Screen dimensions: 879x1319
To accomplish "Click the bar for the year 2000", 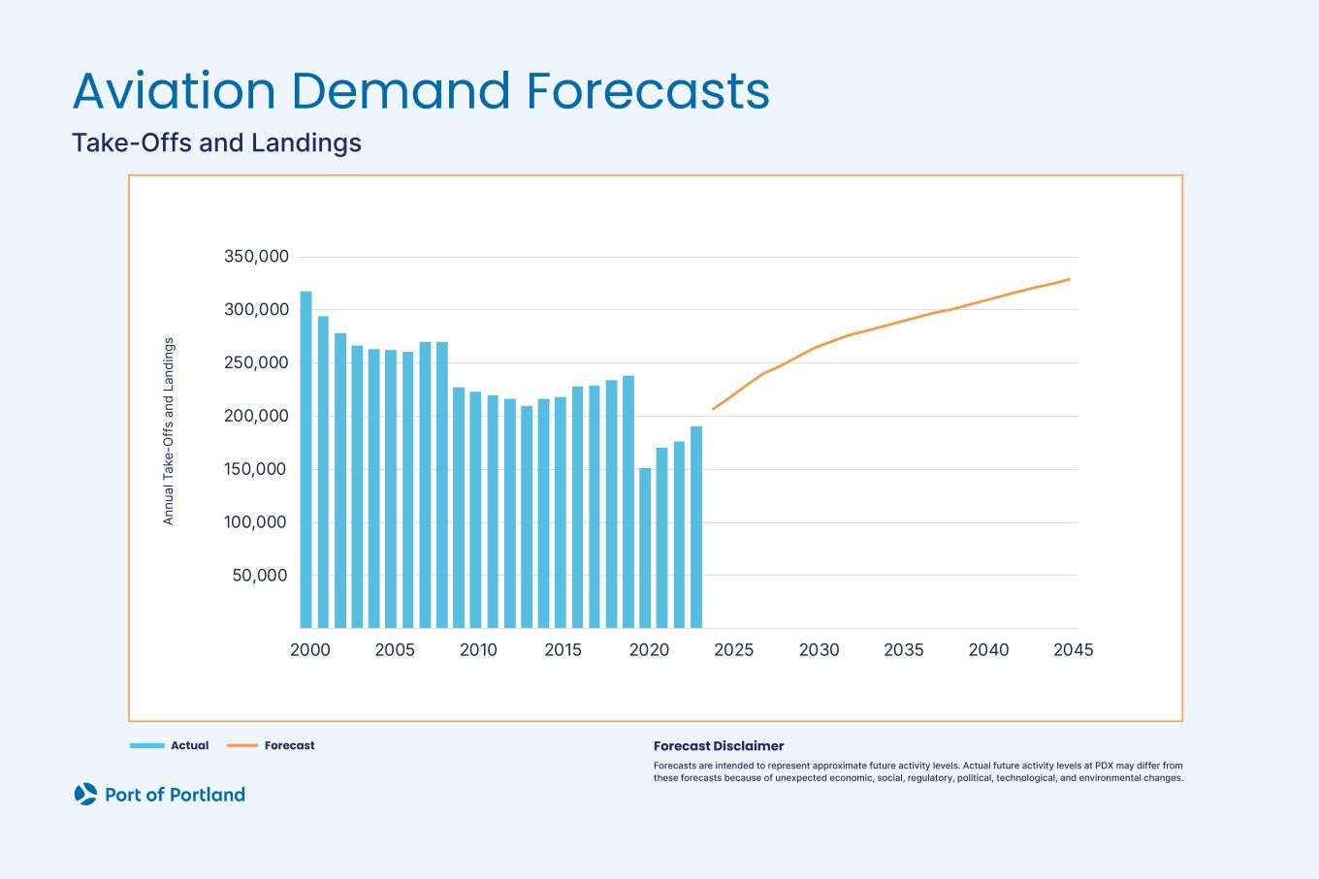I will click(306, 460).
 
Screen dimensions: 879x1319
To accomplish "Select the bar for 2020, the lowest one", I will click(645, 549).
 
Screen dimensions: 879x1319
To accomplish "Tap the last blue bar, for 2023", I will click(696, 528).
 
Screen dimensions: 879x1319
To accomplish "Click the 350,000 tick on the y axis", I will click(256, 257).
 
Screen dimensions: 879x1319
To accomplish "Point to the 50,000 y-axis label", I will click(260, 576).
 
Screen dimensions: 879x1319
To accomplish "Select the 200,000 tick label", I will click(256, 416).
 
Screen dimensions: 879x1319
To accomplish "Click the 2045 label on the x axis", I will click(1073, 650).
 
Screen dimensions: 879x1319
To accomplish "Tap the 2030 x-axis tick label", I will click(819, 650).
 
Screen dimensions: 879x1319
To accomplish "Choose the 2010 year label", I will click(478, 650).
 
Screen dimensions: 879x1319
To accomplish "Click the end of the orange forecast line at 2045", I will click(1069, 279).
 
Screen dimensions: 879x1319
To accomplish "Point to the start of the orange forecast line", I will click(714, 408).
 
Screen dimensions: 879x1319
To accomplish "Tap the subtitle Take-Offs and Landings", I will click(216, 142).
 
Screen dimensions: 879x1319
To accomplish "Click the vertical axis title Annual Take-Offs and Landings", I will click(169, 431).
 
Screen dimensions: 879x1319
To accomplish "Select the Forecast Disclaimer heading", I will click(718, 746).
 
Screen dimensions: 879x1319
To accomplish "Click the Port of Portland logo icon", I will click(85, 795).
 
